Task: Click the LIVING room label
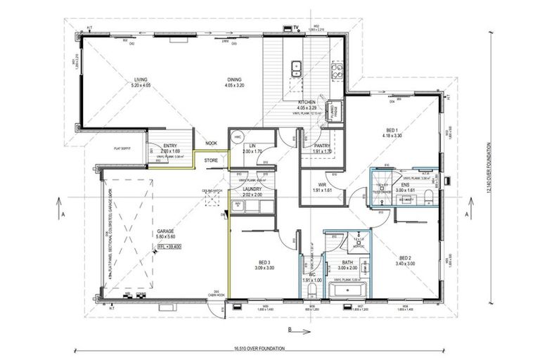tap(141, 80)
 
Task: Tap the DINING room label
tap(233, 80)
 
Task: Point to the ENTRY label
tap(170, 146)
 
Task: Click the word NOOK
tap(211, 144)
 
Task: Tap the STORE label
tap(211, 161)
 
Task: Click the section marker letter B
tap(289, 328)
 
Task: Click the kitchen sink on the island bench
tap(297, 68)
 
